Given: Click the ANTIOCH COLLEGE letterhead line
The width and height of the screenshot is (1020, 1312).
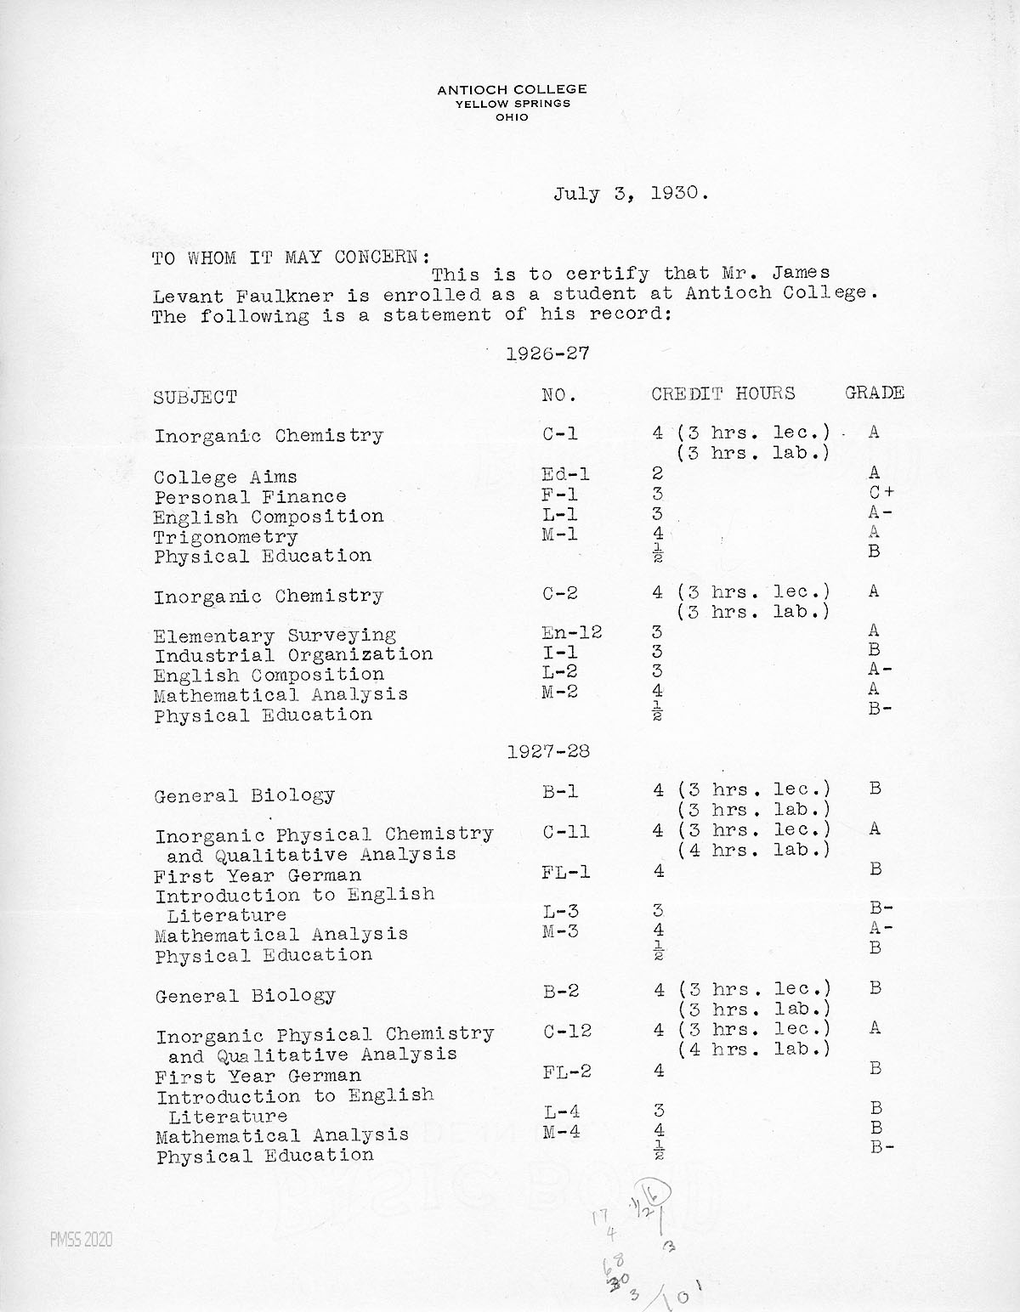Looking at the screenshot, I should [x=512, y=89].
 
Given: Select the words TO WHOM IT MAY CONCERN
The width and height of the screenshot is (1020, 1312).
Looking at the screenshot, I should [x=290, y=257].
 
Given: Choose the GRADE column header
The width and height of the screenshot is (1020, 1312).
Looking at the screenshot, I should [x=874, y=393].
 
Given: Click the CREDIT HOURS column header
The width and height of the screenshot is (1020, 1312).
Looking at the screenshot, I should [x=723, y=393].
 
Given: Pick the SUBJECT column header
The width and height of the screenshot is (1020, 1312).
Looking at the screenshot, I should [x=195, y=397].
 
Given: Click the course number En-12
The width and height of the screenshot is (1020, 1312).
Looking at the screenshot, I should [x=572, y=632].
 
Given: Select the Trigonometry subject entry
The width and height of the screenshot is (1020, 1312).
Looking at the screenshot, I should [x=225, y=537].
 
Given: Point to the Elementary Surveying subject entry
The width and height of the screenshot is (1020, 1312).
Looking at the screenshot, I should [x=275, y=636].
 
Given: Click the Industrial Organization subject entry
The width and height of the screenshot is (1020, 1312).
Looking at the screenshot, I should [x=293, y=655].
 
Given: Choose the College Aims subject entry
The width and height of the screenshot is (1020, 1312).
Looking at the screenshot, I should [x=225, y=477].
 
